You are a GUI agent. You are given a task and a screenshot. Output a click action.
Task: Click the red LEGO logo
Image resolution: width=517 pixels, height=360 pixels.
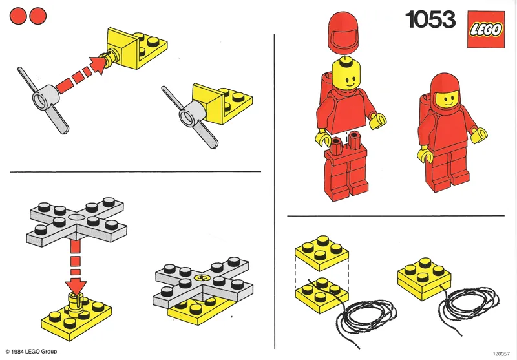point(486,28)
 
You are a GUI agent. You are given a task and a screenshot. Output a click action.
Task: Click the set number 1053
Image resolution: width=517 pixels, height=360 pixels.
point(430,20)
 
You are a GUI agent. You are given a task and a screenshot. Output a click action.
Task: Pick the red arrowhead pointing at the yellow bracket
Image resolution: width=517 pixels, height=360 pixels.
point(97,65)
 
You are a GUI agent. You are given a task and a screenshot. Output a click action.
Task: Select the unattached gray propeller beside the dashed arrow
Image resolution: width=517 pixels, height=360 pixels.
point(43,103)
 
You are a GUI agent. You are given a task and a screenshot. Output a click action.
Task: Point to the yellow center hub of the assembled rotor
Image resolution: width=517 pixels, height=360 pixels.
point(201,279)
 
